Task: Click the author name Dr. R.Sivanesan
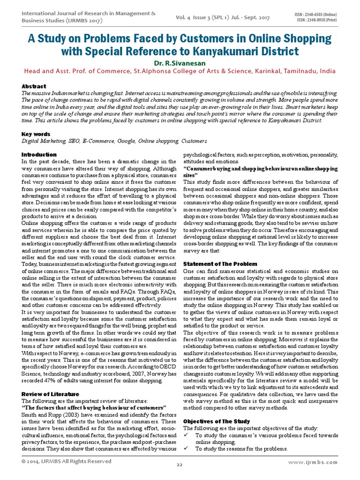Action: pyautogui.click(x=180, y=63)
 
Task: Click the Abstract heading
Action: pyautogui.click(x=34, y=87)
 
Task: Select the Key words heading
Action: pyautogui.click(x=36, y=134)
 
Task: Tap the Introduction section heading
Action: pyautogui.click(x=39, y=155)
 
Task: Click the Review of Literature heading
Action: pyautogui.click(x=51, y=394)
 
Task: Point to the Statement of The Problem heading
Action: pyautogui.click(x=220, y=264)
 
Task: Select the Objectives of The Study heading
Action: pyautogui.click(x=217, y=421)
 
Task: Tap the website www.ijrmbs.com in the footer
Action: pyautogui.click(x=313, y=462)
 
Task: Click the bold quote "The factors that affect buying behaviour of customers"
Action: pyautogui.click(x=94, y=408)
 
